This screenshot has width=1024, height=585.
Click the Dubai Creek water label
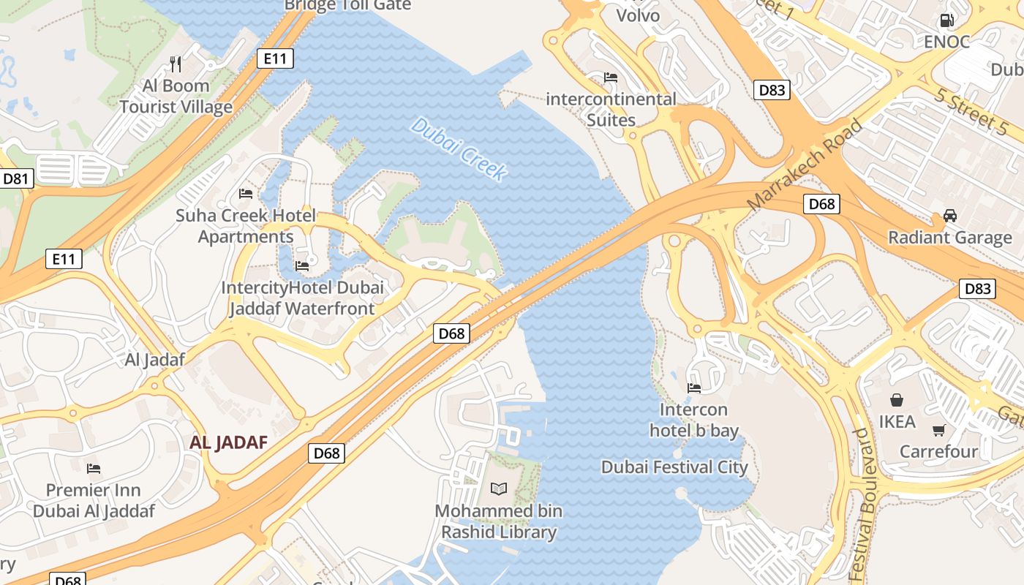click(x=459, y=149)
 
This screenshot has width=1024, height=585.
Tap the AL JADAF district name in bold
click(x=228, y=442)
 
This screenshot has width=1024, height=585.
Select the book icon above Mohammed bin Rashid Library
click(x=499, y=488)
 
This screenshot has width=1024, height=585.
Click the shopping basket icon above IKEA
click(x=897, y=400)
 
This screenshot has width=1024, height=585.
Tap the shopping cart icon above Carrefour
click(x=939, y=430)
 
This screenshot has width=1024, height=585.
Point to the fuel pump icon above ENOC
click(x=946, y=20)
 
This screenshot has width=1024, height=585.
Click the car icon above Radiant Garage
click(x=949, y=216)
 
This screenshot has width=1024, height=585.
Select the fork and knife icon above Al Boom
click(x=176, y=64)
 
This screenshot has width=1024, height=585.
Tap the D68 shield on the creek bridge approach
click(x=451, y=333)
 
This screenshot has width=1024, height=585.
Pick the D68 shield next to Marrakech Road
click(x=821, y=204)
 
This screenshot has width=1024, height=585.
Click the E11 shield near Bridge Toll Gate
click(x=275, y=58)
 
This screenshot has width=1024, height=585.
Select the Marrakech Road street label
click(x=805, y=165)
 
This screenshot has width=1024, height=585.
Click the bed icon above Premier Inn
click(x=93, y=469)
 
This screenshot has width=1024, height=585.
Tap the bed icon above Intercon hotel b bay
click(x=693, y=388)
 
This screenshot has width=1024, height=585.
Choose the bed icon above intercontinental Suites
click(x=611, y=78)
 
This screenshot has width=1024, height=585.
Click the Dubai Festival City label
click(x=674, y=467)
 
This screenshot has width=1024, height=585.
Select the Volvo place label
click(x=638, y=15)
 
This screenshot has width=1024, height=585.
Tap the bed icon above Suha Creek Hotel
click(x=246, y=194)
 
